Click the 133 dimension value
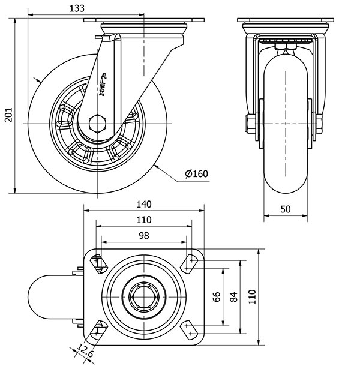point(76,8)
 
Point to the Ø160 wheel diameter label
point(196,174)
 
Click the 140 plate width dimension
point(143,204)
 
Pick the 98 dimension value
point(143,236)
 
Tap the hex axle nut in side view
point(96,124)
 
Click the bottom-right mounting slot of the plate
point(191,329)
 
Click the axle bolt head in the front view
point(248,124)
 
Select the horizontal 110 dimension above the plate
point(143,220)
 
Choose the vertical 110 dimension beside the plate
point(252,295)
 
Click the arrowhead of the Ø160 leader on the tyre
point(157,163)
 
